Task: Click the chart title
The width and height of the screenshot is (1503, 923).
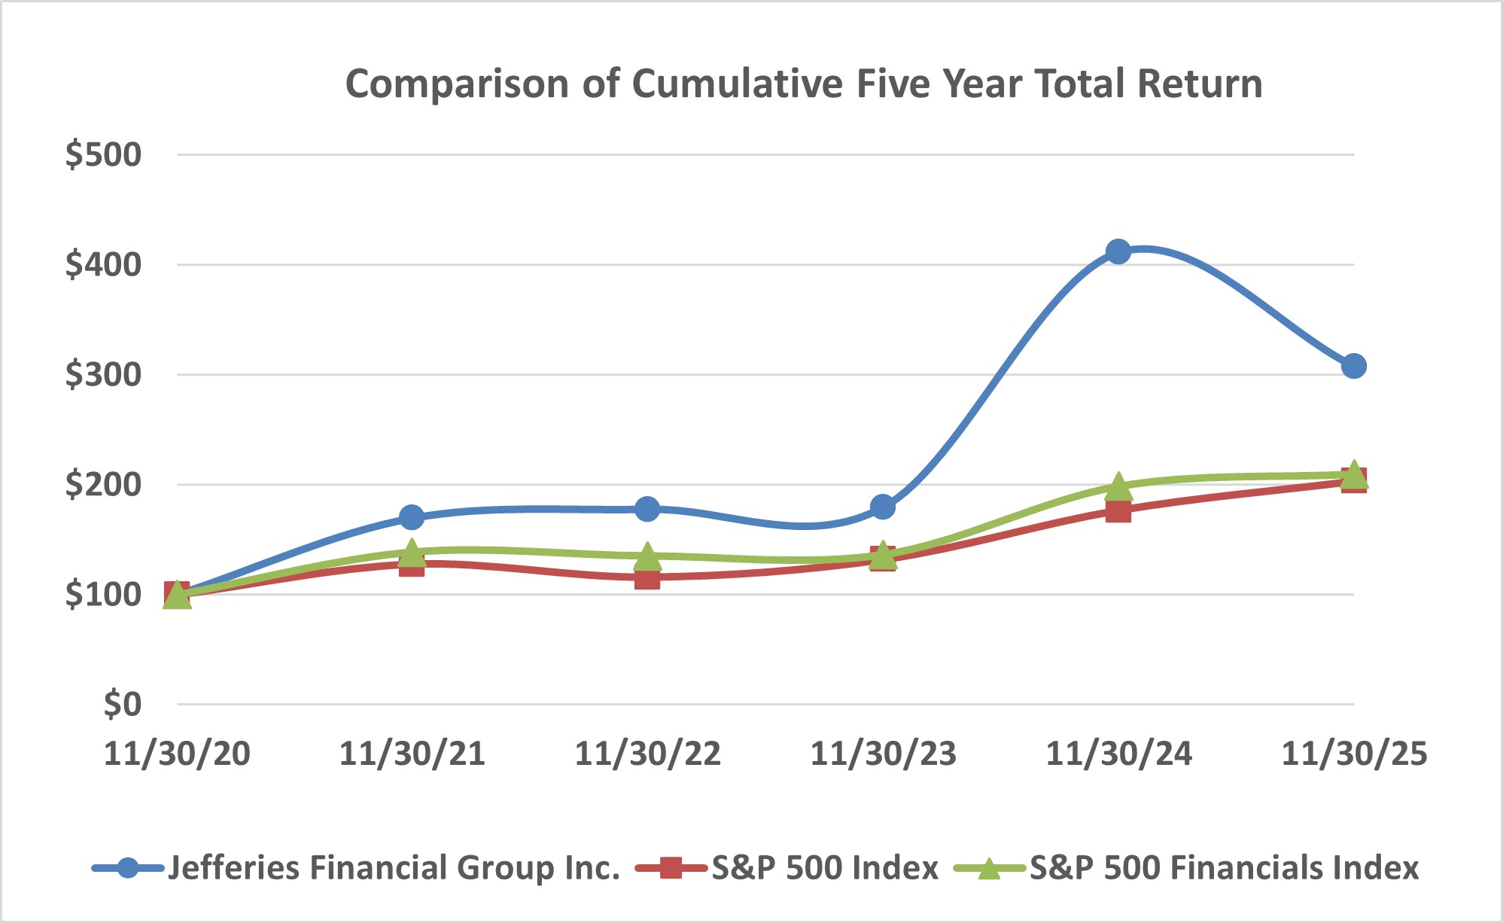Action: (803, 84)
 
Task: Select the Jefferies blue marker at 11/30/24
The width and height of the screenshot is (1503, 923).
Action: (1118, 251)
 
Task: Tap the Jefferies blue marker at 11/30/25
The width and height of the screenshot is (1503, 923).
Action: (1353, 367)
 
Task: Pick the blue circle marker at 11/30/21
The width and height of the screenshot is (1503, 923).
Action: (412, 517)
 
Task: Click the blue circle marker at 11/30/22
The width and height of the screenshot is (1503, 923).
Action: (647, 509)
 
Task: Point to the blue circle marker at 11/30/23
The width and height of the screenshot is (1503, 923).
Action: (883, 507)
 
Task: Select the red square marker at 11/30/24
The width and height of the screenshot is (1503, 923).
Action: (1118, 510)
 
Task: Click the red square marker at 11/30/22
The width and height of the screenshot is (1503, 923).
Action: (647, 577)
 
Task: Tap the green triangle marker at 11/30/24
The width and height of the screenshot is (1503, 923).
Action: (1118, 487)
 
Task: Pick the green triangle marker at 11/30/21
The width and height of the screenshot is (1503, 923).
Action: (412, 553)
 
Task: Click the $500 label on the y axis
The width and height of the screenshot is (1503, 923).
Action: (103, 155)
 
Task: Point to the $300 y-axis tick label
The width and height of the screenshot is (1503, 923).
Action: (103, 375)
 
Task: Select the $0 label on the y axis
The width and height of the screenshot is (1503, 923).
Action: (122, 705)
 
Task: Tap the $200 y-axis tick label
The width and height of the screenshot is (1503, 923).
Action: (103, 485)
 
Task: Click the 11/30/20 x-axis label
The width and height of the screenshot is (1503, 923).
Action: (177, 754)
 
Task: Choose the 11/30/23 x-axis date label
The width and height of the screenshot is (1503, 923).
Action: (883, 754)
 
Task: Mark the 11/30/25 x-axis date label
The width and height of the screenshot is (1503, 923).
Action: (1353, 754)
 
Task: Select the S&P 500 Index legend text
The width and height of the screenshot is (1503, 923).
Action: (825, 868)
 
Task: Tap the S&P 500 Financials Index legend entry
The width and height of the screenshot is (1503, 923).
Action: (1224, 868)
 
